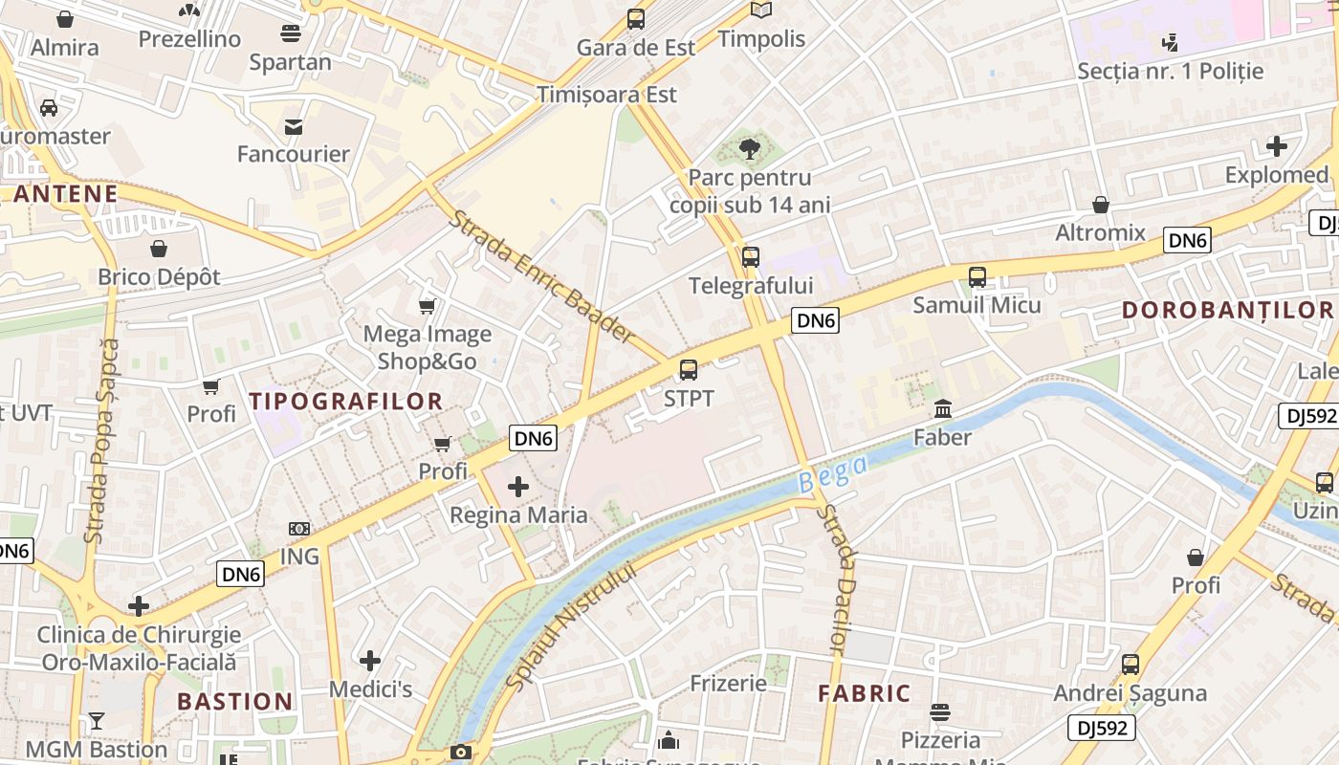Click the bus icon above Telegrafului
pos(751,256)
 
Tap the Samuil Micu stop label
pos(977,305)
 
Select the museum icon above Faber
pos(943,409)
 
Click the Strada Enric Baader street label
pos(541,276)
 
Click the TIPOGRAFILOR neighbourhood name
pos(346,402)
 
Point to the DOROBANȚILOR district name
pos(1227,310)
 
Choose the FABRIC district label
pos(864,694)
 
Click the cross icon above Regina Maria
pos(518,487)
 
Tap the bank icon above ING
pos(299,529)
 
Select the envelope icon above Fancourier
pos(294,126)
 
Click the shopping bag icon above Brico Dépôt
pos(159,249)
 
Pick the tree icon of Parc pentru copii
pos(751,148)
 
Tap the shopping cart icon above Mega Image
pos(428,306)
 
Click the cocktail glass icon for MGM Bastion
pos(97,720)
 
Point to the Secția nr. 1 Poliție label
pos(1170,71)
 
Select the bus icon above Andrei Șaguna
pos(1130,664)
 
